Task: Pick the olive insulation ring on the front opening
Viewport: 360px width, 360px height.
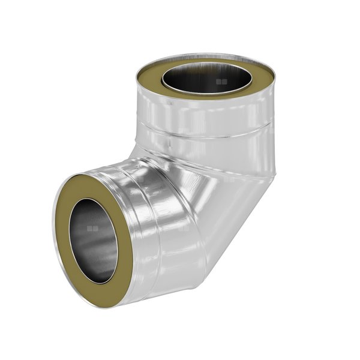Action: tap(69, 204)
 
